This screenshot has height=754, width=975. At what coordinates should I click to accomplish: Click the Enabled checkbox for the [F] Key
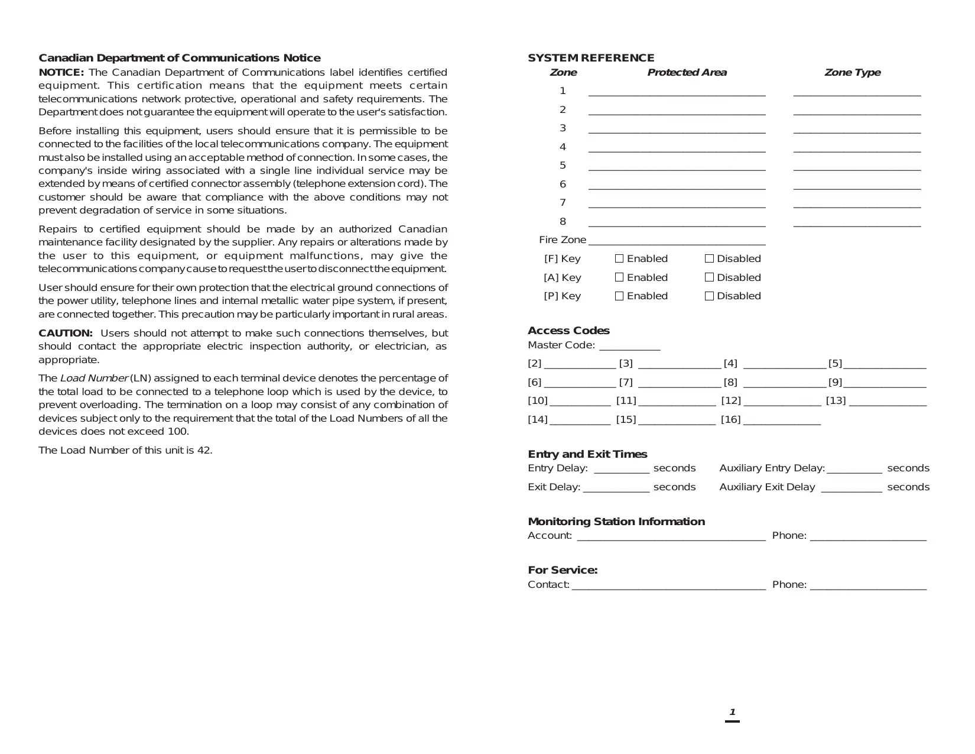pos(619,258)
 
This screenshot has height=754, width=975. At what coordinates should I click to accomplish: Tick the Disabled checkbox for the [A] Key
pos(709,277)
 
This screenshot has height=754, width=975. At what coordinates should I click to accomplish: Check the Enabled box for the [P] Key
pos(619,296)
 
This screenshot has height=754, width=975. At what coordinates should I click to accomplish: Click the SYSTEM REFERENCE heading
pos(591,58)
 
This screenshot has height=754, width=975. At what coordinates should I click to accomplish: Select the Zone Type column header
pos(852,73)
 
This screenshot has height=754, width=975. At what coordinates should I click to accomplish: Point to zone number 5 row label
pos(563,166)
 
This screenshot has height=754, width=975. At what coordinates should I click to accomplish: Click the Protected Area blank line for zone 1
pos(677,93)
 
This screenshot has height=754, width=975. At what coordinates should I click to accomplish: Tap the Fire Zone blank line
pos(677,242)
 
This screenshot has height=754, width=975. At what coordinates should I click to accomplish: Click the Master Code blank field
pos(629,348)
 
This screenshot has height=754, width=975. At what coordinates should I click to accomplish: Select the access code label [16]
pos(730,419)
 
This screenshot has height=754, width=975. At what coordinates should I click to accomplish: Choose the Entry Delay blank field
pos(621,471)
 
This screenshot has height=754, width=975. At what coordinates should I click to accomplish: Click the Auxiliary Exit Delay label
pos(767,487)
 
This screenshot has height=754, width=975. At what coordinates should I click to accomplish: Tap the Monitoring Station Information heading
pos(616,522)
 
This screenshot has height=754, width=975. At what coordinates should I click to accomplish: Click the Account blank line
pos(671,538)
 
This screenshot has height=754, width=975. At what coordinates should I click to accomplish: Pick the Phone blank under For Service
pos(868,587)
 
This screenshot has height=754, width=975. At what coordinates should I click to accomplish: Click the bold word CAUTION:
pos(66,333)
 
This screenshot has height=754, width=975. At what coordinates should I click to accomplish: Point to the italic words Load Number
pos(94,378)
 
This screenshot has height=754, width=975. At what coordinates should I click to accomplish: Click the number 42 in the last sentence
pos(204,451)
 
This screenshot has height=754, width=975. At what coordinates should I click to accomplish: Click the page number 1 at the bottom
pos(732,712)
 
